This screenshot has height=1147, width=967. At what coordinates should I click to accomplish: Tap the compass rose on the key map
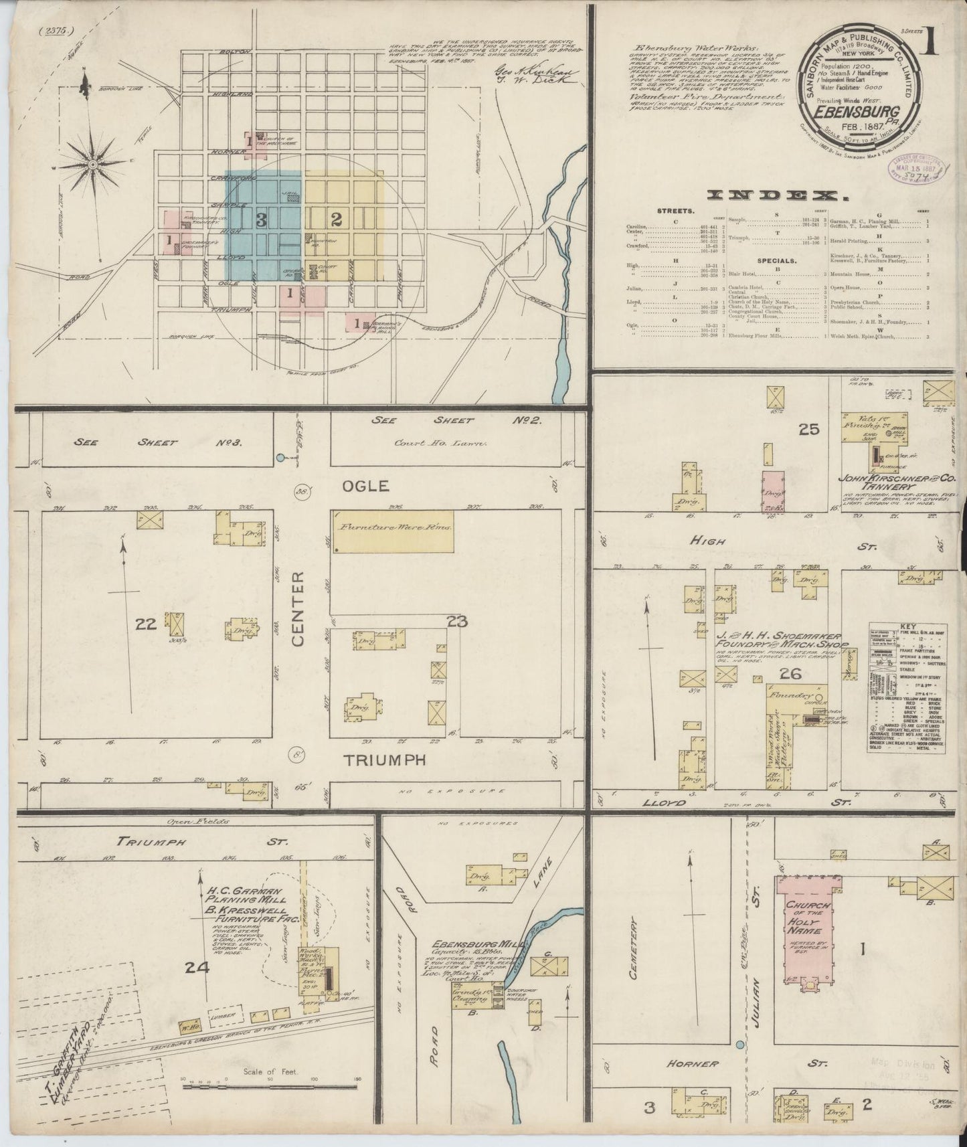point(92,163)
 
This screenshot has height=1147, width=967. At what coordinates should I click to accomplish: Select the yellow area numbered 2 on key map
point(337,219)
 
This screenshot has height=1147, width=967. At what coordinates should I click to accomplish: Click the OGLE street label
point(366,485)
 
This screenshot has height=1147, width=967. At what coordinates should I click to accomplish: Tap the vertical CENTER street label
point(298,609)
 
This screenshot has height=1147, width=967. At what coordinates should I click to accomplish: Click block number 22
point(145,624)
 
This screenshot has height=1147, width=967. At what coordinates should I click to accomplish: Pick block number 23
point(457,622)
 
